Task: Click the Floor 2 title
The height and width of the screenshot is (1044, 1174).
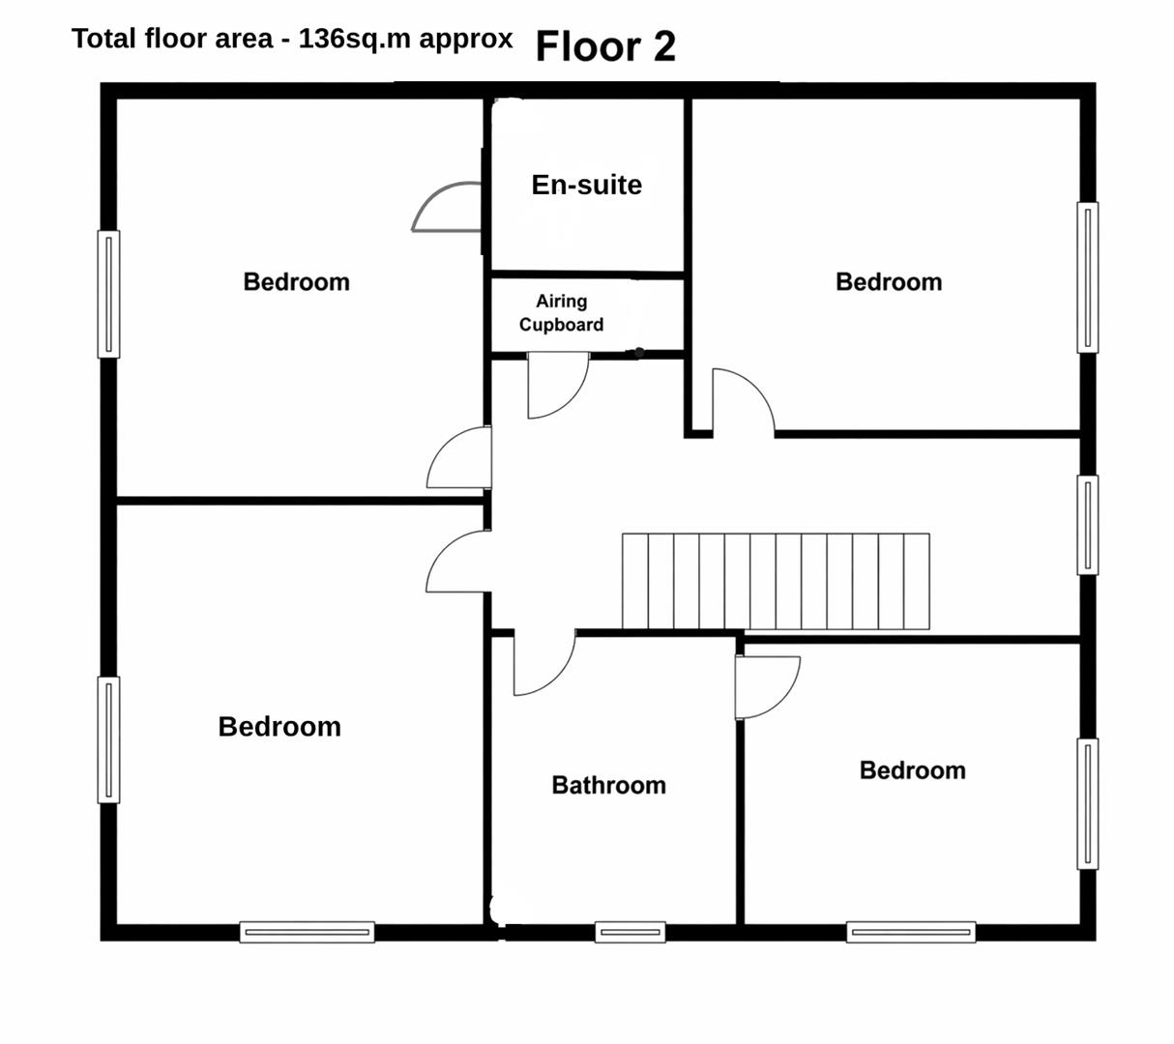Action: click(x=605, y=46)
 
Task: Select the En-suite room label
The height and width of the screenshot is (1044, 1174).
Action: click(x=586, y=185)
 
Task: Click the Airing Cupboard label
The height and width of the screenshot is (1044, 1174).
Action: click(x=561, y=313)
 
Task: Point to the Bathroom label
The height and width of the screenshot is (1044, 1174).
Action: click(x=608, y=785)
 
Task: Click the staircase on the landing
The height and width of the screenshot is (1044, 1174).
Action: click(x=776, y=581)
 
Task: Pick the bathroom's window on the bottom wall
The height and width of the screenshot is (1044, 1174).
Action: click(x=631, y=932)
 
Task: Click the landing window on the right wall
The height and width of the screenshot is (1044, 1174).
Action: click(x=1088, y=525)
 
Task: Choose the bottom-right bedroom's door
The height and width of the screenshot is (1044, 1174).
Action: click(x=768, y=687)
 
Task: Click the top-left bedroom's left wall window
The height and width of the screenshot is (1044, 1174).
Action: click(x=108, y=294)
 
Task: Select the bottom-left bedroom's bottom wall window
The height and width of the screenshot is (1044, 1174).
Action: click(x=308, y=932)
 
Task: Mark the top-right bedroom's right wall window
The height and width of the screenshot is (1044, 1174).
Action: click(x=1088, y=277)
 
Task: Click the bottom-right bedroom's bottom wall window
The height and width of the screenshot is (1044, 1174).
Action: click(x=912, y=932)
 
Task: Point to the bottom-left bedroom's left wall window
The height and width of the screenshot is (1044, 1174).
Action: click(x=108, y=739)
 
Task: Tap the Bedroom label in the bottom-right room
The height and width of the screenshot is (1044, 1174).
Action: click(x=913, y=770)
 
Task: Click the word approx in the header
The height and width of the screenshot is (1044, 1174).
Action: click(x=466, y=40)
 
